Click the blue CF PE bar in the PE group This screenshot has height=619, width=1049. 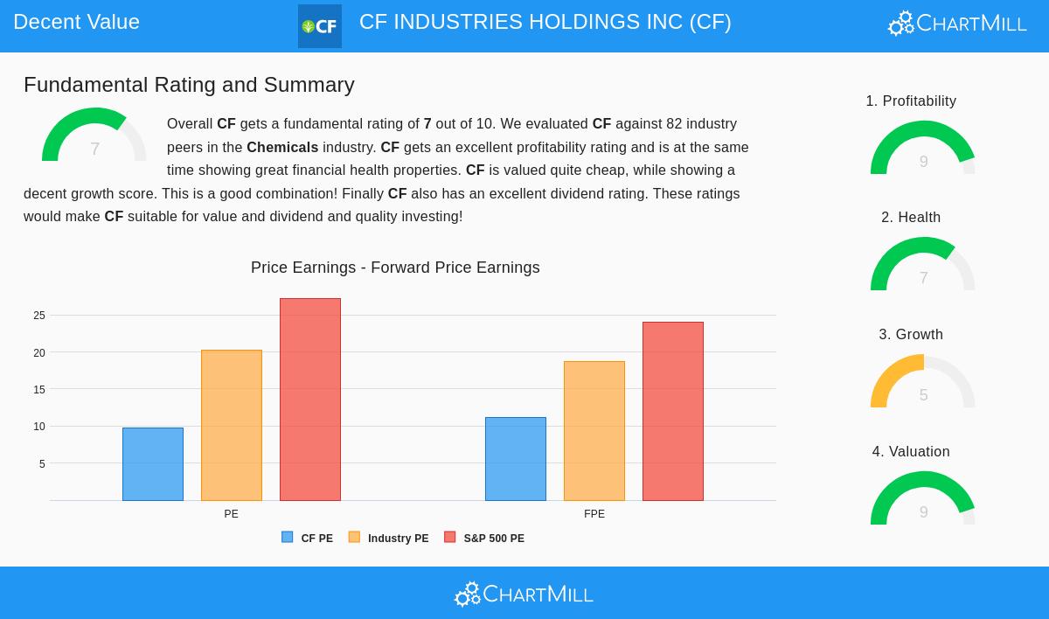153,464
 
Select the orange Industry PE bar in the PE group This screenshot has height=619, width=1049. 232,425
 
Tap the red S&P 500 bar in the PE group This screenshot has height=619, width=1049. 310,400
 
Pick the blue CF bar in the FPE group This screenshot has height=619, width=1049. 516,459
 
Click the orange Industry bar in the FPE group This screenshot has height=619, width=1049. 594,431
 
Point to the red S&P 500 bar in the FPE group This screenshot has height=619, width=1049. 673,411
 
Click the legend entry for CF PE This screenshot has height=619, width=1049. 308,539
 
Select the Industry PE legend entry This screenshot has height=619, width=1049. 389,539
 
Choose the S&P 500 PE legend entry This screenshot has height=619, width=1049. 485,539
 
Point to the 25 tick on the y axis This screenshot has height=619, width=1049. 39,316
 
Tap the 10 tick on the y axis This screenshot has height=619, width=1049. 39,427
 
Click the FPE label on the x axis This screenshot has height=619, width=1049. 594,514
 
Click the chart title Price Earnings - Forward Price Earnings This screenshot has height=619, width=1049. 395,268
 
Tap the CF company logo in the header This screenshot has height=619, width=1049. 320,26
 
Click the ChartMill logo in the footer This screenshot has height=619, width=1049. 524,595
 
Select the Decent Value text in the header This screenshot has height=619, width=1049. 76,22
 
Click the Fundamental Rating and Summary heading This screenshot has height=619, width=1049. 189,85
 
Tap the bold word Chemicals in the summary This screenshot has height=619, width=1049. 282,147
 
